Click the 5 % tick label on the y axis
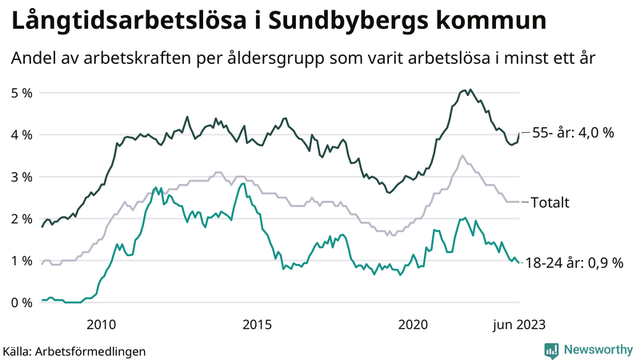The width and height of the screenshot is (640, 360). [x=22, y=93]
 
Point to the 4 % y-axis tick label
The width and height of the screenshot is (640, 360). [x=22, y=134]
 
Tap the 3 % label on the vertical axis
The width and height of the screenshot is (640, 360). [x=22, y=177]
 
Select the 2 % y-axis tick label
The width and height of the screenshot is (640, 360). [x=22, y=218]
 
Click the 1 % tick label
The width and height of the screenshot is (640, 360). [x=22, y=261]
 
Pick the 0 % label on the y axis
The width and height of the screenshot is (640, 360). [x=22, y=302]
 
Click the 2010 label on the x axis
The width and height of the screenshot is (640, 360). [x=101, y=324]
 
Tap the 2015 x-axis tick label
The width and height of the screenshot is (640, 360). [x=257, y=324]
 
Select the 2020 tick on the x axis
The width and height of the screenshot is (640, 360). [x=414, y=324]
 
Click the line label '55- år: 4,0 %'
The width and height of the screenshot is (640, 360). [x=572, y=133]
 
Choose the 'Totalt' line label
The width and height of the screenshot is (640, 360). [x=550, y=203]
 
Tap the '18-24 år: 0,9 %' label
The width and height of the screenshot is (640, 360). [x=574, y=262]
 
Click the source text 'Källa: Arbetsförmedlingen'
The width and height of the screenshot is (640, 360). [x=74, y=350]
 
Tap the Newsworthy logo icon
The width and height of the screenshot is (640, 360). [x=551, y=350]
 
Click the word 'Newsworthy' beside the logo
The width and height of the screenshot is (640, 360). [x=598, y=350]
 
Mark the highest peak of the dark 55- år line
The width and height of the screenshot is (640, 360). [x=470, y=90]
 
